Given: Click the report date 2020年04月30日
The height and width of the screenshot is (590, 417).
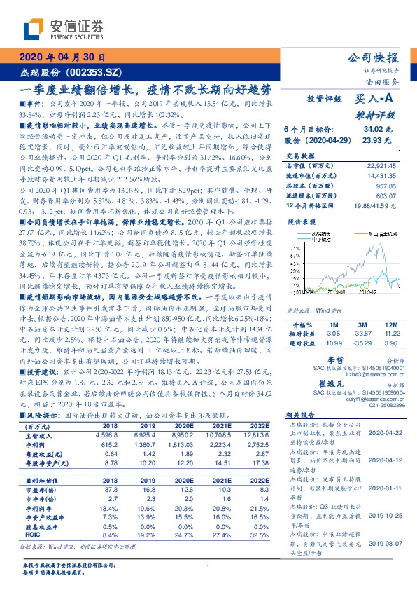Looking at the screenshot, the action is click(x=62, y=57).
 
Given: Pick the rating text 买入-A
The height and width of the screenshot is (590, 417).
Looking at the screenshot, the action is click(x=377, y=100).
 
